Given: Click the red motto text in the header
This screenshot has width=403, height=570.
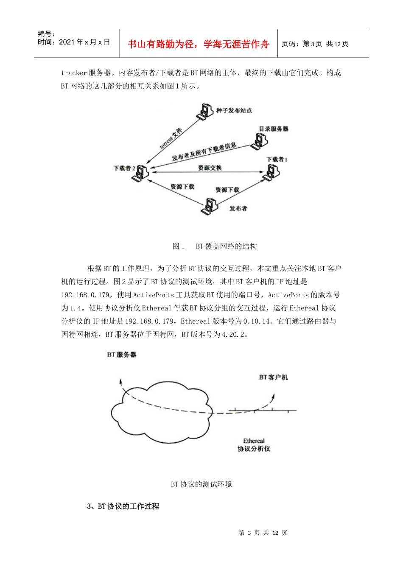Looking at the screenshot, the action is (198, 44).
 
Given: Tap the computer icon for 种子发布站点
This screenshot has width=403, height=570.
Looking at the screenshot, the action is (204, 111).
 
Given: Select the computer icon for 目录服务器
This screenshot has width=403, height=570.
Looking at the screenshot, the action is (259, 141).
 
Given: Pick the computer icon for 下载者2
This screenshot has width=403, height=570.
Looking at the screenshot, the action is (140, 173).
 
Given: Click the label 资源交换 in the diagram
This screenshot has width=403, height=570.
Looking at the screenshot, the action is (210, 168).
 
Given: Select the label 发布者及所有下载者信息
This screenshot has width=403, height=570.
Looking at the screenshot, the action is (204, 152).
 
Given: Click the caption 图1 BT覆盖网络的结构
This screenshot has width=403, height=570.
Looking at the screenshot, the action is (215, 246).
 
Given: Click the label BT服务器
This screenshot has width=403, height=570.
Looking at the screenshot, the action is (122, 355).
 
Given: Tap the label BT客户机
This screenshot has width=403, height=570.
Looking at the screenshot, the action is (273, 377).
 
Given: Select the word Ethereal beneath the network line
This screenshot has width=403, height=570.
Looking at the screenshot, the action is (254, 441).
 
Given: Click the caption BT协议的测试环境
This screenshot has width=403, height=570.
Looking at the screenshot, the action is (201, 484).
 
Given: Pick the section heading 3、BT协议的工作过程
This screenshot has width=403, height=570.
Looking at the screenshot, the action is (123, 506).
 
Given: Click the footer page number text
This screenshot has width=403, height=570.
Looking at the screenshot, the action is (263, 533).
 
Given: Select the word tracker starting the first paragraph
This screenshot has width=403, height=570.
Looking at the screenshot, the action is (74, 73).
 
